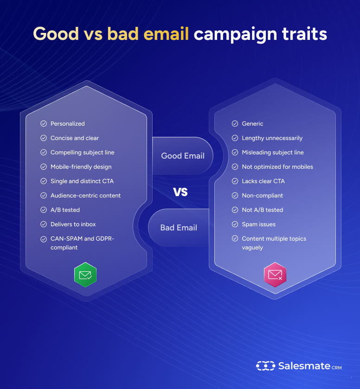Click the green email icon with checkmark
pyautogui.click(x=85, y=275)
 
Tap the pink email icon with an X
pyautogui.click(x=275, y=275)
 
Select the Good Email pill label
pyautogui.click(x=183, y=156)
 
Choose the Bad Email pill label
pyautogui.click(x=179, y=228)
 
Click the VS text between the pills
pyautogui.click(x=180, y=192)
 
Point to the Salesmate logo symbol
pyautogui.click(x=265, y=366)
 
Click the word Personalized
pyautogui.click(x=68, y=124)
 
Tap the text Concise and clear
pyautogui.click(x=75, y=138)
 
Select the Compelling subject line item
pyautogui.click(x=83, y=153)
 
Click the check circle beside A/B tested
pyautogui.click(x=44, y=210)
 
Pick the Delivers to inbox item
pyautogui.click(x=73, y=224)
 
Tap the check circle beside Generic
pyautogui.click(x=235, y=124)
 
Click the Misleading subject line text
pyautogui.click(x=273, y=153)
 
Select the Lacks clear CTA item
pyautogui.click(x=264, y=181)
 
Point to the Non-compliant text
pyautogui.click(x=263, y=196)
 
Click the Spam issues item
pyautogui.click(x=259, y=224)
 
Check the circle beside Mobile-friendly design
pyautogui.click(x=44, y=167)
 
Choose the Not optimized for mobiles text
pyautogui.click(x=277, y=167)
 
